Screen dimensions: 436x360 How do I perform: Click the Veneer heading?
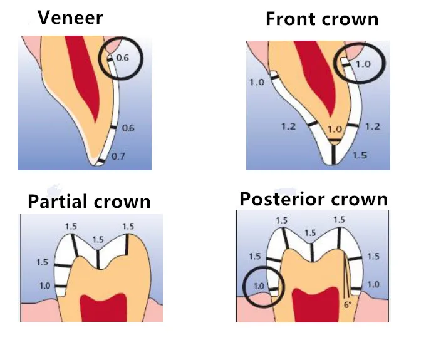click(x=70, y=18)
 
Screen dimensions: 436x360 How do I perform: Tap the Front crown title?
click(x=322, y=19)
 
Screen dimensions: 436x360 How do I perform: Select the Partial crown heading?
click(x=89, y=201)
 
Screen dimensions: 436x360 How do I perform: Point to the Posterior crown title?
click(x=313, y=199)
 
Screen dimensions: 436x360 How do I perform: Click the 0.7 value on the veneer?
click(x=118, y=157)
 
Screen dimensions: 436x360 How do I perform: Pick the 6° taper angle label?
click(x=348, y=305)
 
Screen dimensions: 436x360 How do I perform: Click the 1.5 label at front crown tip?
click(x=360, y=155)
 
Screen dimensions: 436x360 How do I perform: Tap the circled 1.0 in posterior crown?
click(x=259, y=285)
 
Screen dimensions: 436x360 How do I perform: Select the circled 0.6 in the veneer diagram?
click(x=123, y=58)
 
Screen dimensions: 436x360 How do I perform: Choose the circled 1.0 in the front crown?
click(x=363, y=64)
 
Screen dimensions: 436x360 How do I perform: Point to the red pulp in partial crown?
click(x=103, y=308)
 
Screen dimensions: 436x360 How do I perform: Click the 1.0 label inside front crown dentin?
click(x=335, y=129)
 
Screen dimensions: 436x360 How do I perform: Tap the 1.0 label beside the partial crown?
click(x=44, y=285)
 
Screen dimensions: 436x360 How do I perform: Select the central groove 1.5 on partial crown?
click(x=98, y=239)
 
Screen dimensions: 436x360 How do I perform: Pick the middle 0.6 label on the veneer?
click(x=128, y=128)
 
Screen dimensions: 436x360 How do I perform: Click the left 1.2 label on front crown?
click(x=288, y=126)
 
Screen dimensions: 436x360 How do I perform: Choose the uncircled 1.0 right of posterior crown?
click(x=373, y=284)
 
